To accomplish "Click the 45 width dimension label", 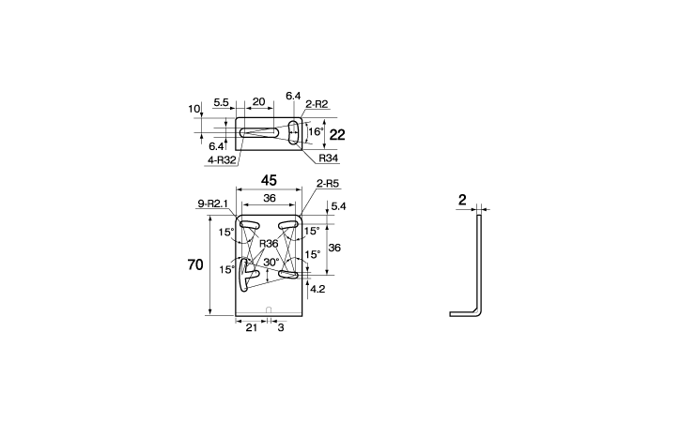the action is coord(269,180).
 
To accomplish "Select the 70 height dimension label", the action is coord(195,264).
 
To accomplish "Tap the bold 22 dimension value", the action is coord(337,135).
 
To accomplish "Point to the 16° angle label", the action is coord(317,131).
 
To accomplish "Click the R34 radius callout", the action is coord(329,158).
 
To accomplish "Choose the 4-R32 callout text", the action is coord(222,160).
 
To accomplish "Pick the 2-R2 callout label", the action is coord(317,104).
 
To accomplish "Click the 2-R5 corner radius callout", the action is coord(328,184).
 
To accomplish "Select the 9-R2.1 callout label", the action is coord(213,203).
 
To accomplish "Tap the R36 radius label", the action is coord(269,243).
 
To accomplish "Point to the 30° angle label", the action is coord(271,263).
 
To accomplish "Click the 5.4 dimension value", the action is coord(338,206).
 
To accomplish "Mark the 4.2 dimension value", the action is coord(317,289).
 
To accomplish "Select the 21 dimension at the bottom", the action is coord(252,327).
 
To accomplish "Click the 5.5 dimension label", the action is coord(221,102).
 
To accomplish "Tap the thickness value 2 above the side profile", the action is coord(462,200).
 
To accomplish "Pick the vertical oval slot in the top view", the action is coord(294,132).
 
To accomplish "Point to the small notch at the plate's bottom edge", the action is coord(269,309).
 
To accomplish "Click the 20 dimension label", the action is coord(258,102).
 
